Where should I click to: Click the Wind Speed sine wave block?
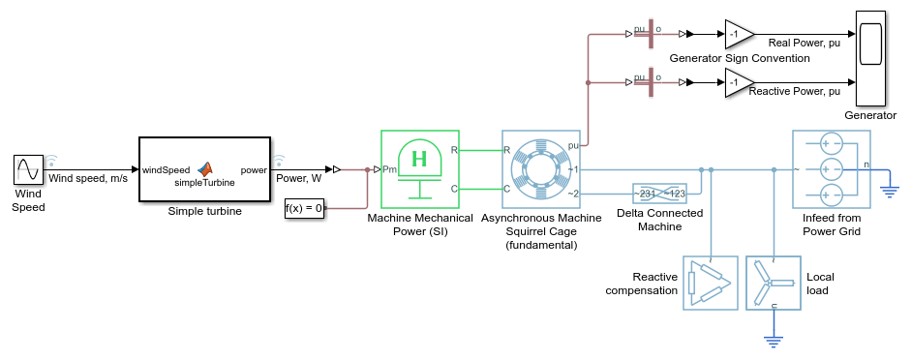point(28,169)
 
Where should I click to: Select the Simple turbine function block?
point(204,169)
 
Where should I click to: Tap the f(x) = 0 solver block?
point(304,208)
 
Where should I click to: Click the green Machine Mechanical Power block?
point(420,169)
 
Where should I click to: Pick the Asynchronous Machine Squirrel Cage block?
point(541,169)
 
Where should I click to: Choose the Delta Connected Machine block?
point(659,194)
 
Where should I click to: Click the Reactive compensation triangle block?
point(710,283)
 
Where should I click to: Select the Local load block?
point(774,283)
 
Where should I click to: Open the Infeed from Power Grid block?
point(832,169)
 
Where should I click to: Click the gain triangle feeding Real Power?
point(740,34)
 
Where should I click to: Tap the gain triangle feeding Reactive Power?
point(740,82)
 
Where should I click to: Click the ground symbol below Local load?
point(774,342)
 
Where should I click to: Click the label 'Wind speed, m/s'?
point(88,178)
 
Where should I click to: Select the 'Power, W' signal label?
point(298,178)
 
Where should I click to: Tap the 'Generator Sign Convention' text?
point(740,58)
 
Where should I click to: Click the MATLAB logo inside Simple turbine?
point(204,168)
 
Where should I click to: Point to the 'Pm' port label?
point(389,169)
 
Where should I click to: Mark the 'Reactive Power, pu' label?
point(794,91)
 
